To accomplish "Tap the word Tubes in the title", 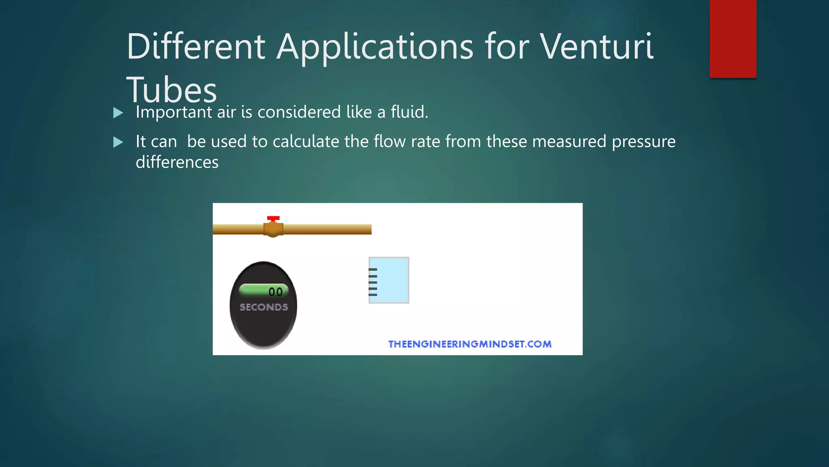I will pos(172,90).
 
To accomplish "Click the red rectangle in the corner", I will pos(733,39).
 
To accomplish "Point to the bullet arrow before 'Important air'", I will pos(118,113).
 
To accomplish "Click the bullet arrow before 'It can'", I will pos(118,142).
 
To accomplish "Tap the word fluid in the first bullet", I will pos(409,112).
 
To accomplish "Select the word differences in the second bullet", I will pos(177,163).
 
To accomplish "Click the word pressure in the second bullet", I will pos(644,142).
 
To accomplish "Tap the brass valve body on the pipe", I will pos(273,229).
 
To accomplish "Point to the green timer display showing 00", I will pos(264,291).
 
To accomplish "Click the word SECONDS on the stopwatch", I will pos(264,307).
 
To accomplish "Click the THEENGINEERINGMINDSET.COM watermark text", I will pos(470,344).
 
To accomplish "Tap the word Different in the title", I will pos(196,47).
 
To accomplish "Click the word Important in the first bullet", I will pos(174,112).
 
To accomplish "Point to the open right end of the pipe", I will pos(370,229).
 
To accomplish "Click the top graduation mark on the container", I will pos(373,270).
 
